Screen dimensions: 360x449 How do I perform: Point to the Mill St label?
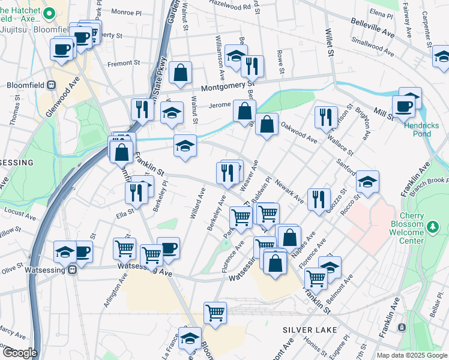381,112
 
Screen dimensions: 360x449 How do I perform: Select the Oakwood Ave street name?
298,133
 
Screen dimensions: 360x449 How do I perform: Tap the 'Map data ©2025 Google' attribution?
411,355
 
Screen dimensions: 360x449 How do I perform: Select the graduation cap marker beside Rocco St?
367,181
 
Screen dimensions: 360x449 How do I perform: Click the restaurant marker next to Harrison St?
325,116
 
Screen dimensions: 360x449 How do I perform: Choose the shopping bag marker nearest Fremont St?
180,73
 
